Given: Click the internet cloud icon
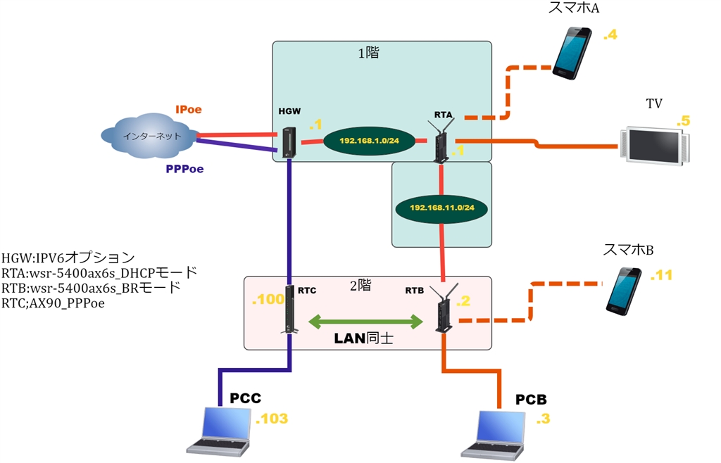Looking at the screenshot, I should [x=148, y=137].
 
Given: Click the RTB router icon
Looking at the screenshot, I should [x=444, y=308].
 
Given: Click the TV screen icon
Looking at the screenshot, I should [x=656, y=145].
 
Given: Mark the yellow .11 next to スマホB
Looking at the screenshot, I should [x=661, y=275].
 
